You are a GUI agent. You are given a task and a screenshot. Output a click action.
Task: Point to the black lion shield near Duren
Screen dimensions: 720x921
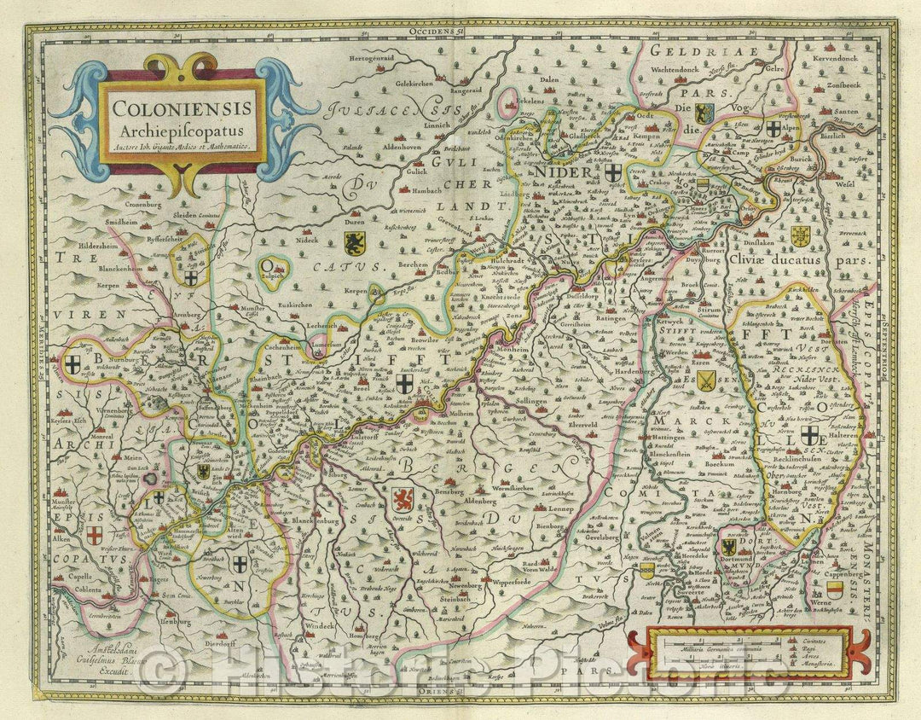354,243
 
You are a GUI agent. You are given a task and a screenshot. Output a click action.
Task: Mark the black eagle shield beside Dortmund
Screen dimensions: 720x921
730,547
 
